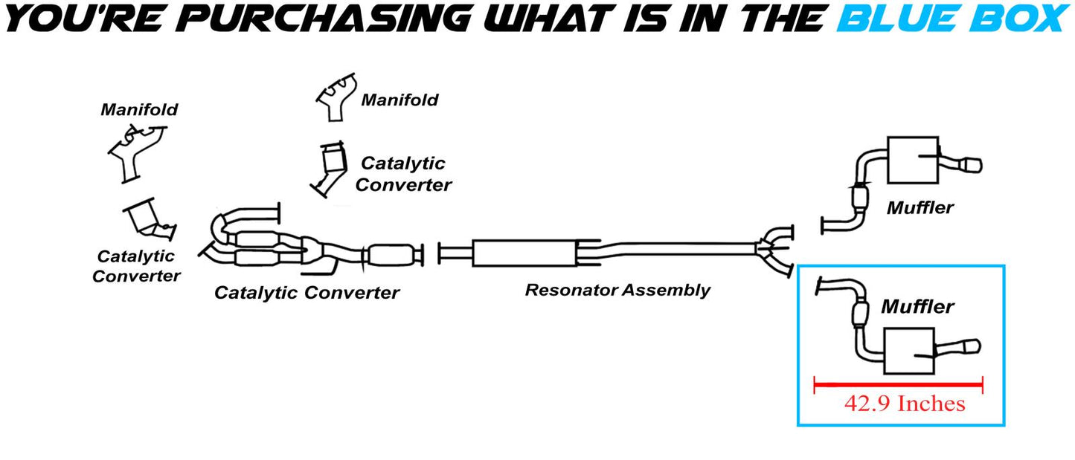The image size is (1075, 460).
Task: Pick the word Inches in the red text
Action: (931, 404)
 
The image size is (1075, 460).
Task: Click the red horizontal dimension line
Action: (899, 384)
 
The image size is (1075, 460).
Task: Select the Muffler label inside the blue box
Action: (917, 306)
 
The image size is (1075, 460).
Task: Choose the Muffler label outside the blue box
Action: (920, 208)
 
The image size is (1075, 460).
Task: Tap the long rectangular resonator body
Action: (524, 253)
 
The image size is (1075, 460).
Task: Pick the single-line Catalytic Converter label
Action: (307, 293)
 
